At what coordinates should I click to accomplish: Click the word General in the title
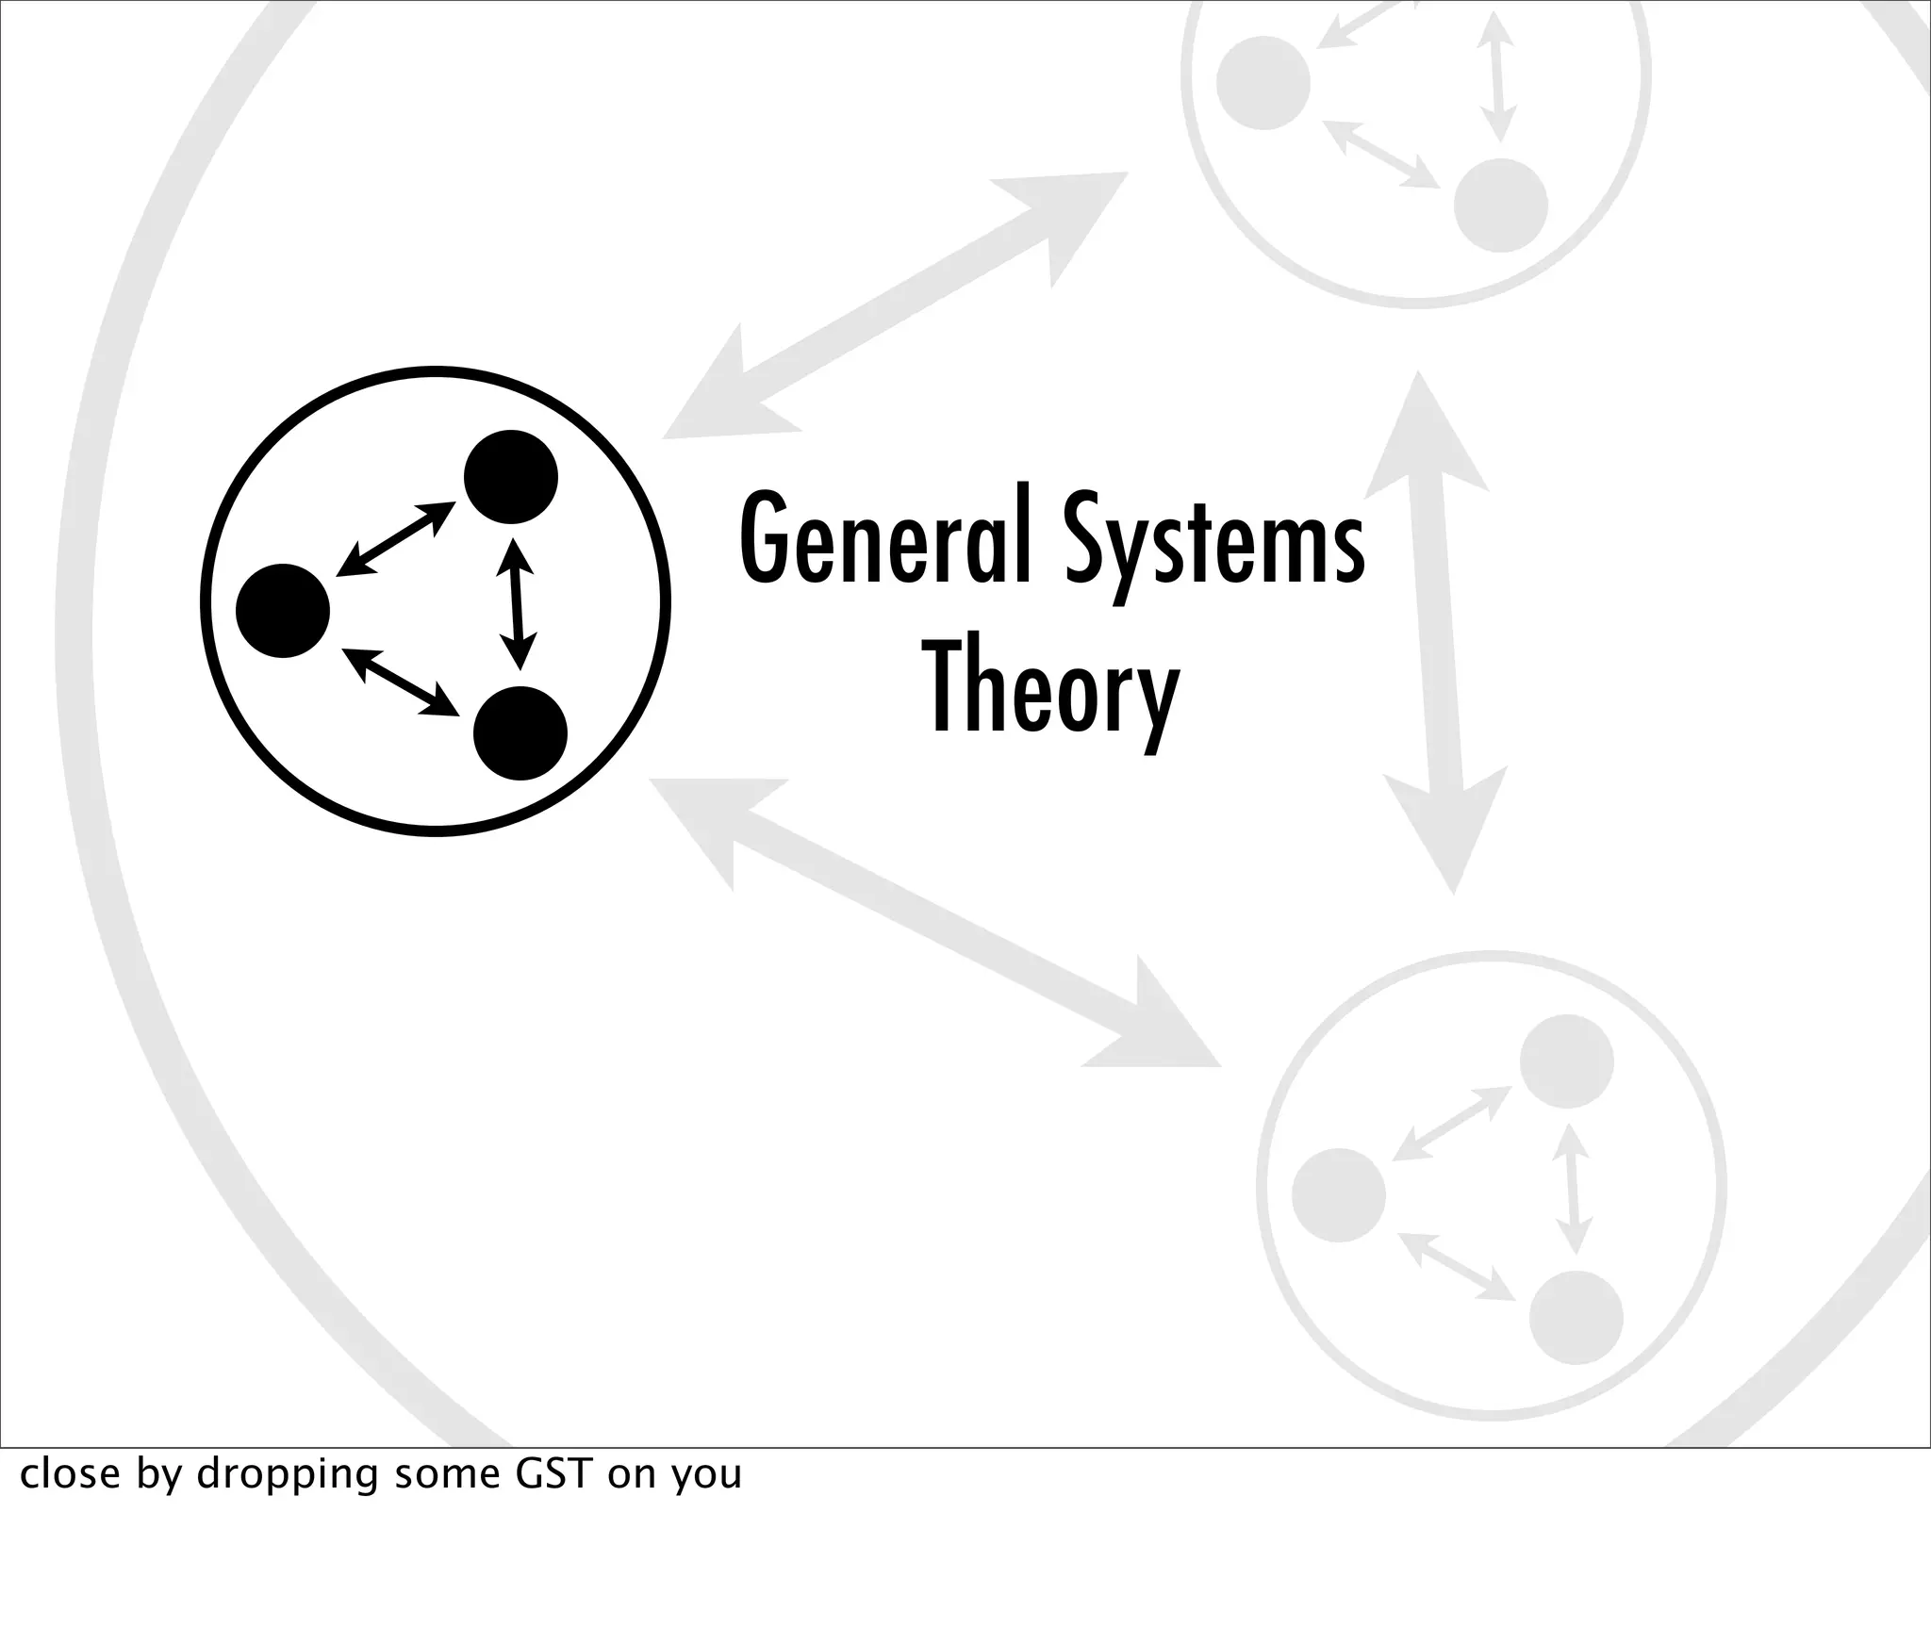887,538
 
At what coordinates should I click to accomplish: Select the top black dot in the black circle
510,477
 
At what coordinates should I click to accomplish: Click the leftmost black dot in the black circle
283,611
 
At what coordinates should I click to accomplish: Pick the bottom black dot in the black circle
520,733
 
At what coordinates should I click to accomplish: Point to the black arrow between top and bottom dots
516,603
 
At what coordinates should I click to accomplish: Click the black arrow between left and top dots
396,538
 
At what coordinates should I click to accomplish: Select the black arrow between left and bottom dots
400,681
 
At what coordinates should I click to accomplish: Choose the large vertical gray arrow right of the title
1436,632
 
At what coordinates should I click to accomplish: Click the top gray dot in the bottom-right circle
1566,1061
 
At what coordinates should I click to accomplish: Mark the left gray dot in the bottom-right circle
1339,1195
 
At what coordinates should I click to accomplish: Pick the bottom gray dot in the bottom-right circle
1576,1318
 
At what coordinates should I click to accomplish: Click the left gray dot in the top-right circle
1263,83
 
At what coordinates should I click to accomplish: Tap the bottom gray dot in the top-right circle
1500,205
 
